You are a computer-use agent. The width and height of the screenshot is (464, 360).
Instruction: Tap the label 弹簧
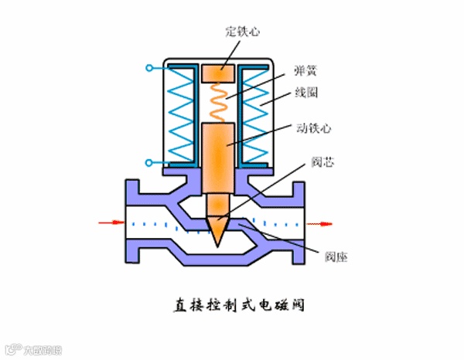tap(305, 70)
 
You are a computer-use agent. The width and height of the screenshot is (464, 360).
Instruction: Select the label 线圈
tap(306, 93)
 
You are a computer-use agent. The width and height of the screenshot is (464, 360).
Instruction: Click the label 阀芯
tap(322, 164)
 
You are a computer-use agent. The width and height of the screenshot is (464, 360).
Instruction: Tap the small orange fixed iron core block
tap(220, 73)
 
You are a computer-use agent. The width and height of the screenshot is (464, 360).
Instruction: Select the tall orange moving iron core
tap(220, 158)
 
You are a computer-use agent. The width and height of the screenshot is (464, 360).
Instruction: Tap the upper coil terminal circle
tap(148, 69)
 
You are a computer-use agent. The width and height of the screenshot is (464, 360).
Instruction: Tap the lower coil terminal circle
tap(148, 163)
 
